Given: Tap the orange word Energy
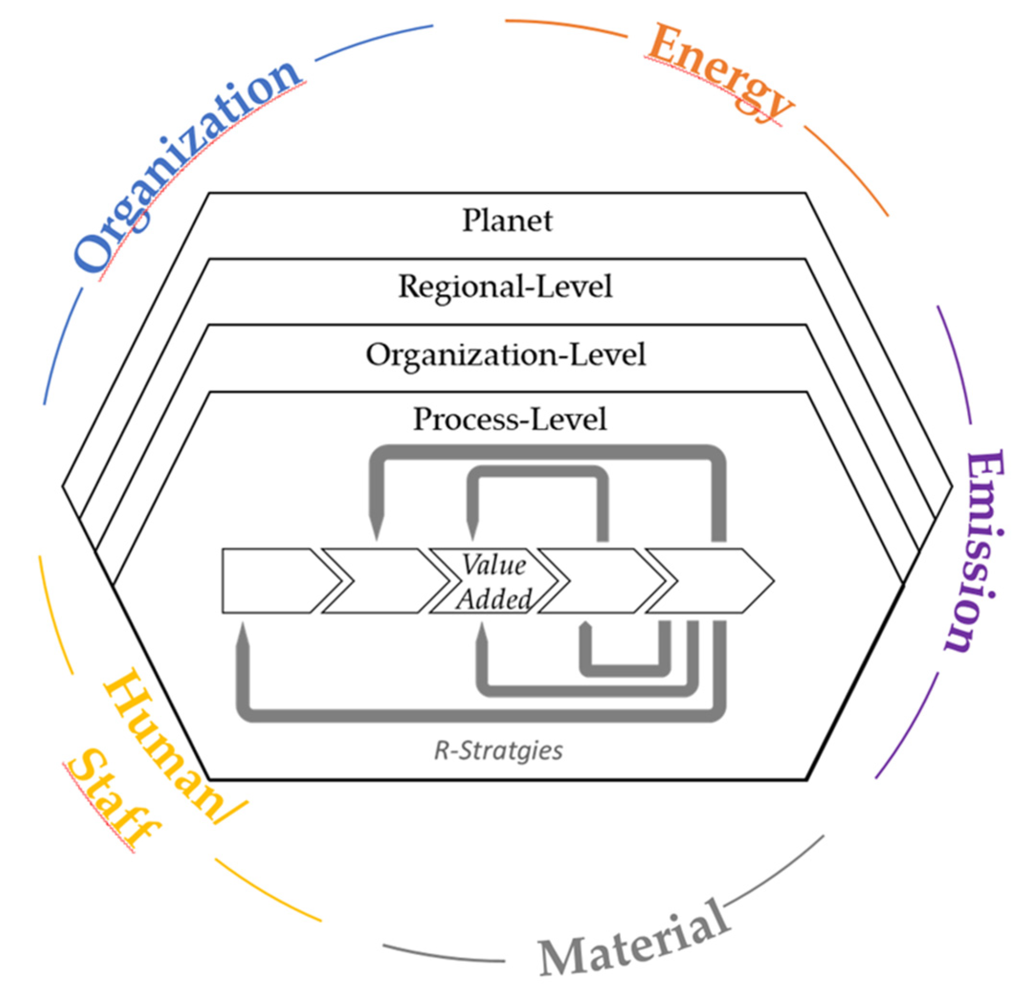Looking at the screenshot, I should (x=719, y=74).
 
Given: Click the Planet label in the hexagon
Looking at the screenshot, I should (x=507, y=220).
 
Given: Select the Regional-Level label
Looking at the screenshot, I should (x=505, y=287).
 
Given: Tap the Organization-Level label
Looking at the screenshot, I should (x=506, y=355).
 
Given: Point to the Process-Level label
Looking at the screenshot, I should (x=510, y=419).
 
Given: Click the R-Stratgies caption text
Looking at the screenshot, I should (x=498, y=751).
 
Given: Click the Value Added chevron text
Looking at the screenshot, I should (x=494, y=581).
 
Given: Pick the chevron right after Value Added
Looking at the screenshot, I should (x=598, y=581).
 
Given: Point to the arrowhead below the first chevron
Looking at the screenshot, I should (x=243, y=638).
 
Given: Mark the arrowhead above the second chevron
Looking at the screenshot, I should (x=376, y=527).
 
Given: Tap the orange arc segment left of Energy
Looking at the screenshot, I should (x=567, y=26).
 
